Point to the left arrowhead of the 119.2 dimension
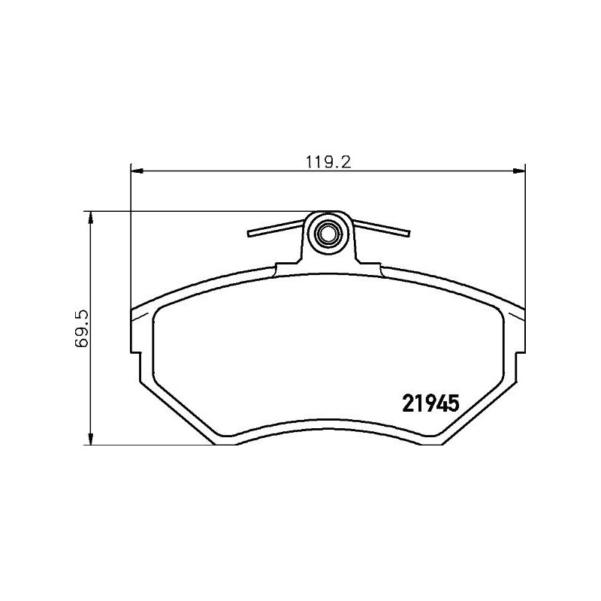coord(136,171)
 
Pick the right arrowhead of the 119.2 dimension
coord(521,171)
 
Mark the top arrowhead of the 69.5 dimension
coord(91,216)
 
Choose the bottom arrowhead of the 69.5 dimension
coord(91,440)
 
